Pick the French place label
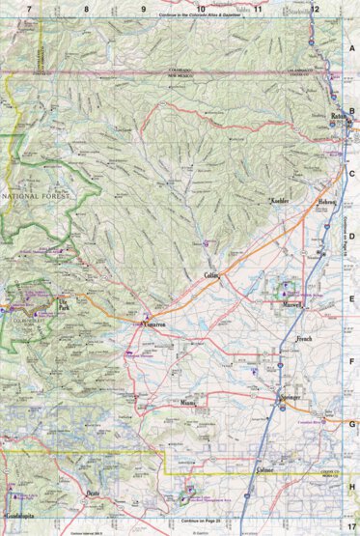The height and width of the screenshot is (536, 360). click(304, 340)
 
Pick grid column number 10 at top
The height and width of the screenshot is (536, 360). click(201, 8)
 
